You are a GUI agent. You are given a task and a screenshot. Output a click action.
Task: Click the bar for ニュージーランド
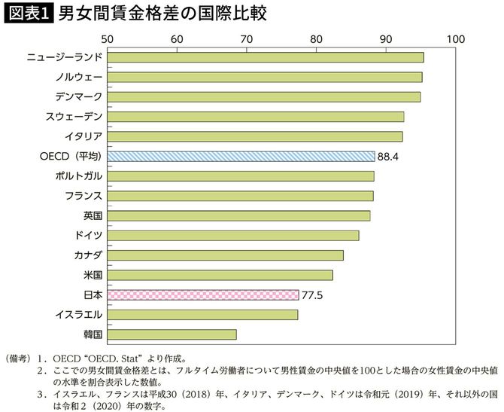coord(265,57)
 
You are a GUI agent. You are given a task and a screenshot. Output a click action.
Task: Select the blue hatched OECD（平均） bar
coord(241,156)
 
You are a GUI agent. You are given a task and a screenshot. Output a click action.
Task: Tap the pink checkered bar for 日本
coord(202,295)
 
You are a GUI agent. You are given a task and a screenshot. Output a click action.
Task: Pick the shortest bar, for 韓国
coord(172,334)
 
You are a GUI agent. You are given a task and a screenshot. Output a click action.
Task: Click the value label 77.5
coord(312,295)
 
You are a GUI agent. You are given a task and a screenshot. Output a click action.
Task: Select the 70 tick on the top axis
coord(246,38)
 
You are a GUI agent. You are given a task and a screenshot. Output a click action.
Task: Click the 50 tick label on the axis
coord(107,38)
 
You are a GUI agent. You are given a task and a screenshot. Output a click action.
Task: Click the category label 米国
coord(93,275)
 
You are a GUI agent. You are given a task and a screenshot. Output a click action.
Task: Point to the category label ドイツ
coord(90,235)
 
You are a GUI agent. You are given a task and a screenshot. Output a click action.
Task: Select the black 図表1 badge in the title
coord(28,14)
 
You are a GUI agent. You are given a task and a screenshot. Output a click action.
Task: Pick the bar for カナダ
coord(225,255)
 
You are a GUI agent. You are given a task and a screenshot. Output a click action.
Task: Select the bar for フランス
coord(240,196)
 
